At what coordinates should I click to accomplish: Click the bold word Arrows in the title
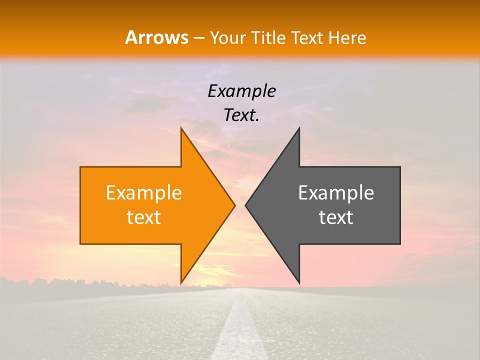coord(157,37)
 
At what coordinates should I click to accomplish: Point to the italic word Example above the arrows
coord(241,91)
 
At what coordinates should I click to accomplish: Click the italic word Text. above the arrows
coord(241,115)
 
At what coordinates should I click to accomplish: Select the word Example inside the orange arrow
coord(144,192)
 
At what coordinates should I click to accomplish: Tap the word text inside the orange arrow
coord(144,217)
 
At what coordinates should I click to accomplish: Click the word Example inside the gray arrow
coord(336,192)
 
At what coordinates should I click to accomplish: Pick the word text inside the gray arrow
coord(336,217)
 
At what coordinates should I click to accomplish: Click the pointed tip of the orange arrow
coord(234,205)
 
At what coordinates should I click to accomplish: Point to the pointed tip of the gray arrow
coord(246,205)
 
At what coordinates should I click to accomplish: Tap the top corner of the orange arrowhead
coord(181,129)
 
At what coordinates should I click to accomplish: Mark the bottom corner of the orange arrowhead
coord(181,282)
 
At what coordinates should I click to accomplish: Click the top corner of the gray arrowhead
coord(299,129)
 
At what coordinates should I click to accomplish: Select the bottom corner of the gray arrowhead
coord(299,282)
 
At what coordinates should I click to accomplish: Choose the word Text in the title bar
coord(308,37)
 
